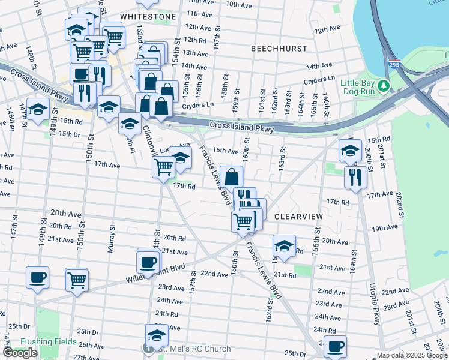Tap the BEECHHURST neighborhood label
(279, 48)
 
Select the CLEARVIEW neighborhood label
(298, 216)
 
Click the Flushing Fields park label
(48, 341)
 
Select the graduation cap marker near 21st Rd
(284, 246)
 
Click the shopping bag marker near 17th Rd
(231, 177)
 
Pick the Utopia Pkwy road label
(372, 300)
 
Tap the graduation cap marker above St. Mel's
(157, 335)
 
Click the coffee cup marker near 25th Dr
(335, 347)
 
